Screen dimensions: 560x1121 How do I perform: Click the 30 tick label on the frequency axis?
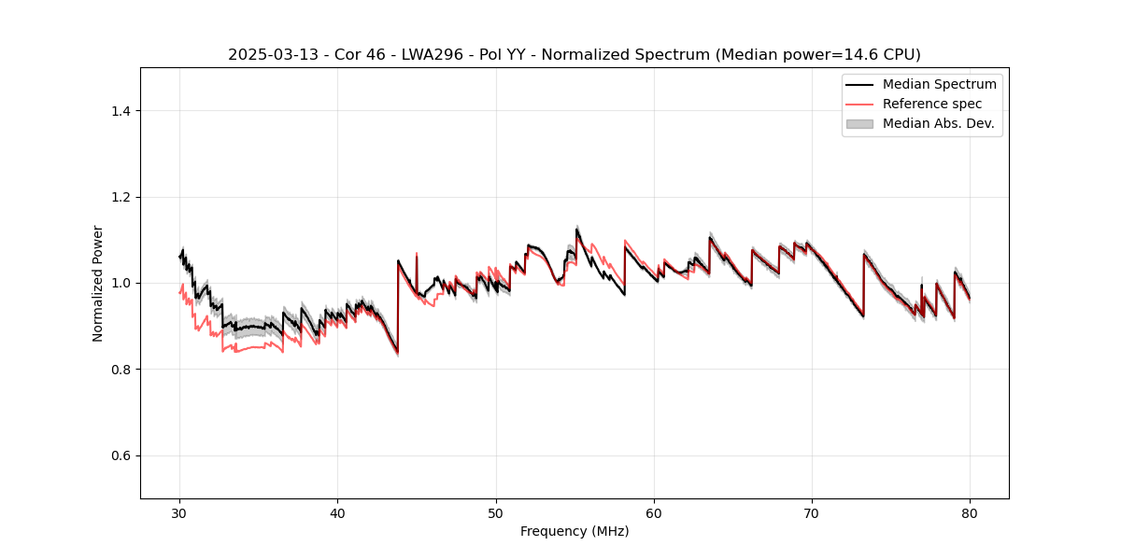click(x=179, y=513)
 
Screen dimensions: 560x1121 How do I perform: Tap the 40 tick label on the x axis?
click(x=337, y=513)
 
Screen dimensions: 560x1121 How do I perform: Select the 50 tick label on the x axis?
click(x=495, y=513)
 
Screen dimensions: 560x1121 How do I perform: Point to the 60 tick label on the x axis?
click(x=654, y=513)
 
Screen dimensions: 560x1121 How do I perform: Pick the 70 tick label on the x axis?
click(x=812, y=513)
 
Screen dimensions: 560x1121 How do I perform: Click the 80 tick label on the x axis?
click(x=970, y=513)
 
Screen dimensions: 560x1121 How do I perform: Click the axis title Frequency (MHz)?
click(x=575, y=531)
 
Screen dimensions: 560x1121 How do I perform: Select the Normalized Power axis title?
click(x=98, y=283)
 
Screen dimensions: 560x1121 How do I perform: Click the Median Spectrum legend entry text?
click(x=939, y=84)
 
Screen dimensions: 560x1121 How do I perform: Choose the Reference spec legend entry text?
click(x=932, y=104)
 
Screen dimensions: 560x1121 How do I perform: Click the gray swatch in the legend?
click(x=859, y=123)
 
